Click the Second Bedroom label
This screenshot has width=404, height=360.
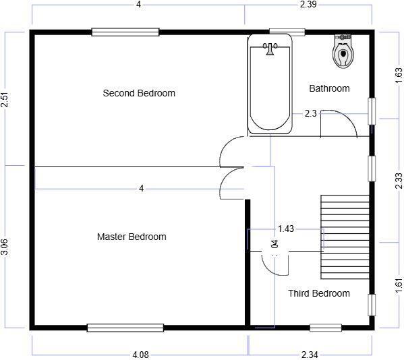click(139, 93)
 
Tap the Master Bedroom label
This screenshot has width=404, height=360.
click(132, 237)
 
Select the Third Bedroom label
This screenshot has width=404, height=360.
click(319, 293)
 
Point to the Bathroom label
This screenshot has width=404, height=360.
click(329, 88)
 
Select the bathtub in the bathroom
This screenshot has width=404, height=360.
click(270, 84)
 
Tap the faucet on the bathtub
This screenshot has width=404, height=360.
click(270, 48)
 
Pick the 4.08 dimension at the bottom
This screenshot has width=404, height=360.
click(141, 355)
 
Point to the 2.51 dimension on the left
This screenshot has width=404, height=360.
click(5, 100)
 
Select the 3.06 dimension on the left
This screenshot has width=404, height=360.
click(5, 247)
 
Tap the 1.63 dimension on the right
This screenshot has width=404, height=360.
click(398, 75)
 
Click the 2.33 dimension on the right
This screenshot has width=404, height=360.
click(398, 180)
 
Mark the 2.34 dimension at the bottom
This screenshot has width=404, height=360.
click(310, 355)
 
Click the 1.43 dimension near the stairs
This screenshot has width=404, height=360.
click(286, 229)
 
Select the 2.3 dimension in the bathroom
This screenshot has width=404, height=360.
click(310, 114)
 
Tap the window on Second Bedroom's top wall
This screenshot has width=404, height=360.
click(125, 32)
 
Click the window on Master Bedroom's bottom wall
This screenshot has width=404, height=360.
click(125, 328)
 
